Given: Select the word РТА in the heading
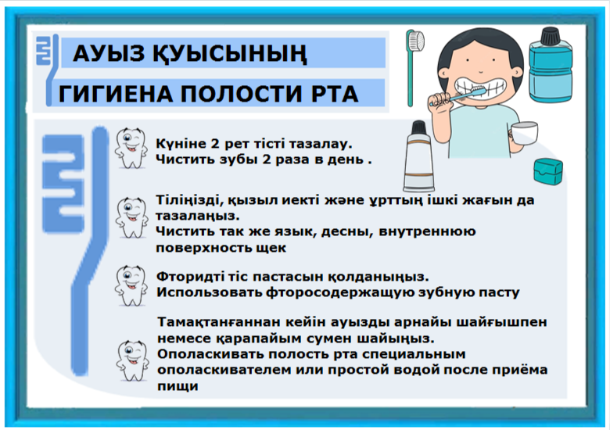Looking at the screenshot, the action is [x=335, y=94].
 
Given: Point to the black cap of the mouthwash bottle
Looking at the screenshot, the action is [x=551, y=35].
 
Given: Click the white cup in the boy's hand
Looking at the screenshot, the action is [x=525, y=133].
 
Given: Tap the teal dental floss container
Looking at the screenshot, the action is [x=548, y=170].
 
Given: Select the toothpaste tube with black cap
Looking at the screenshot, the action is [x=418, y=156].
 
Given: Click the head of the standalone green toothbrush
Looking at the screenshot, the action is [x=415, y=41].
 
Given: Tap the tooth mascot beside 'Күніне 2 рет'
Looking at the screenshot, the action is [x=131, y=148].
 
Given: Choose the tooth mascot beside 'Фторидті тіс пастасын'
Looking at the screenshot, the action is [x=131, y=285].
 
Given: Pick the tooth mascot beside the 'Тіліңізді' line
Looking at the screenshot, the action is [x=131, y=217].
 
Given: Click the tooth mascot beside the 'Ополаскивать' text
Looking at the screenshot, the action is [x=132, y=360].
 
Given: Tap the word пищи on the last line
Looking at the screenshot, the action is [x=178, y=386].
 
